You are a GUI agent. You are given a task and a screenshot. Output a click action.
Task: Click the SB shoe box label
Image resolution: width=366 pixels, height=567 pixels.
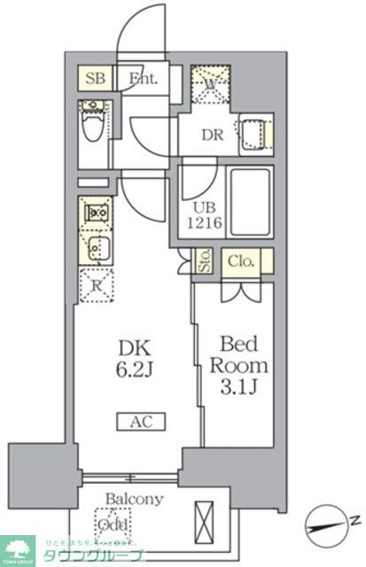pyautogui.click(x=96, y=78)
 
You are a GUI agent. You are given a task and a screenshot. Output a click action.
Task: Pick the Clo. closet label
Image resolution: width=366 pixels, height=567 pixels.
pyautogui.click(x=240, y=261)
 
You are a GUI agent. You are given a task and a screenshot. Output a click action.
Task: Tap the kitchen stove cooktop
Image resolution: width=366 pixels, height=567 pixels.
pyautogui.click(x=96, y=213)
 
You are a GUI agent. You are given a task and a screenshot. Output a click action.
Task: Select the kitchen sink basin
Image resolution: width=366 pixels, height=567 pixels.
pyautogui.click(x=96, y=247)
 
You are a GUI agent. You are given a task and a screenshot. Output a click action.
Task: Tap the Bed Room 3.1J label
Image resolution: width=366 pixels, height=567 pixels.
pyautogui.click(x=235, y=365)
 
